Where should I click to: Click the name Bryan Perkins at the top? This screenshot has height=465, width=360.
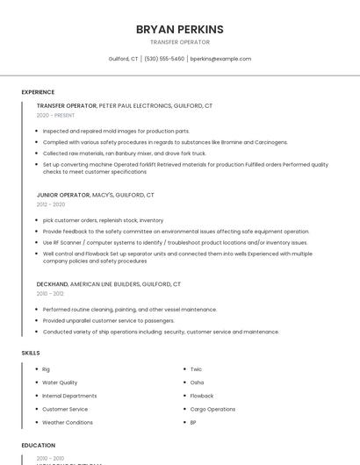tap(179, 29)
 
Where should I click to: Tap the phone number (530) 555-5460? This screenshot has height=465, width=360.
tap(164, 59)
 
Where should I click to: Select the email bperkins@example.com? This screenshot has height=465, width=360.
tap(220, 59)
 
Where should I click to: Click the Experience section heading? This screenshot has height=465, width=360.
tap(38, 92)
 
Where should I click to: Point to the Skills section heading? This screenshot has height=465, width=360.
tap(31, 352)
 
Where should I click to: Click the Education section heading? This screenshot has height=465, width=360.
tap(38, 445)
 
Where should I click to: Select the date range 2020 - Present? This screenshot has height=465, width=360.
tap(56, 115)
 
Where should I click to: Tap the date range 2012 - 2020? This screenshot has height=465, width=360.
tap(50, 204)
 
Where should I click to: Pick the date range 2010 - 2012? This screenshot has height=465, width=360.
tap(50, 294)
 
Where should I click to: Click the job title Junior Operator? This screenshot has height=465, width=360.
tap(63, 195)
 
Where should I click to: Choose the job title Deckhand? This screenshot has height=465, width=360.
tap(52, 284)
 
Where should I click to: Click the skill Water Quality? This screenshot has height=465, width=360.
tap(60, 383)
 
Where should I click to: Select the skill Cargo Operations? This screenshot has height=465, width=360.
tap(212, 409)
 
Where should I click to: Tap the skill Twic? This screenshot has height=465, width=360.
tap(196, 369)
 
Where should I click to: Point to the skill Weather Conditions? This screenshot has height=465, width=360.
tap(68, 422)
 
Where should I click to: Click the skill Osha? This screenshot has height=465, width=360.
tap(197, 383)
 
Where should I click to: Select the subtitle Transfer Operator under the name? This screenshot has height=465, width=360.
tap(179, 42)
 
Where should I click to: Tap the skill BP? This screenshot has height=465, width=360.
tap(193, 422)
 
